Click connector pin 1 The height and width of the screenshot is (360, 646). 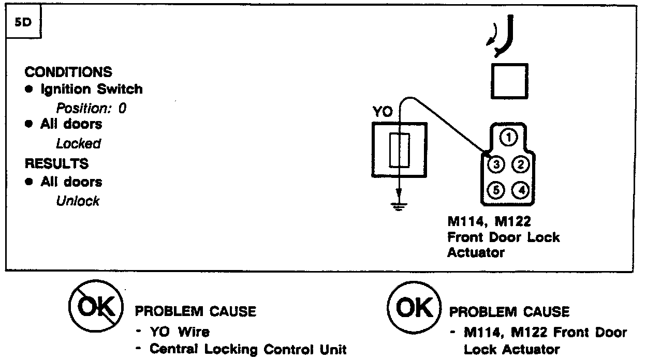click(x=509, y=137)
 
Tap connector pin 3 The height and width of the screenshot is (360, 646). click(x=496, y=165)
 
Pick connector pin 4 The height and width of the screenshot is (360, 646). click(x=520, y=190)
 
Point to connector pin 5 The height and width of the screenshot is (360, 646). click(x=496, y=190)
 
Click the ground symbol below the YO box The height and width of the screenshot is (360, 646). click(x=399, y=207)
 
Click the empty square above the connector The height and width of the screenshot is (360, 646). click(x=509, y=81)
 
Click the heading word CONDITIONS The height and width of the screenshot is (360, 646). click(x=68, y=71)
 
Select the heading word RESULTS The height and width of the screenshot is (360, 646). click(x=57, y=164)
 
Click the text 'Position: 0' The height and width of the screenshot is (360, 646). click(x=91, y=109)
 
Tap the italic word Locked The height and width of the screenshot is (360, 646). click(x=78, y=144)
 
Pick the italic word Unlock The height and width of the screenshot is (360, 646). click(x=78, y=201)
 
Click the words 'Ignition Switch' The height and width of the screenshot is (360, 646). click(x=91, y=89)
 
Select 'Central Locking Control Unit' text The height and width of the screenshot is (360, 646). click(x=247, y=349)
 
